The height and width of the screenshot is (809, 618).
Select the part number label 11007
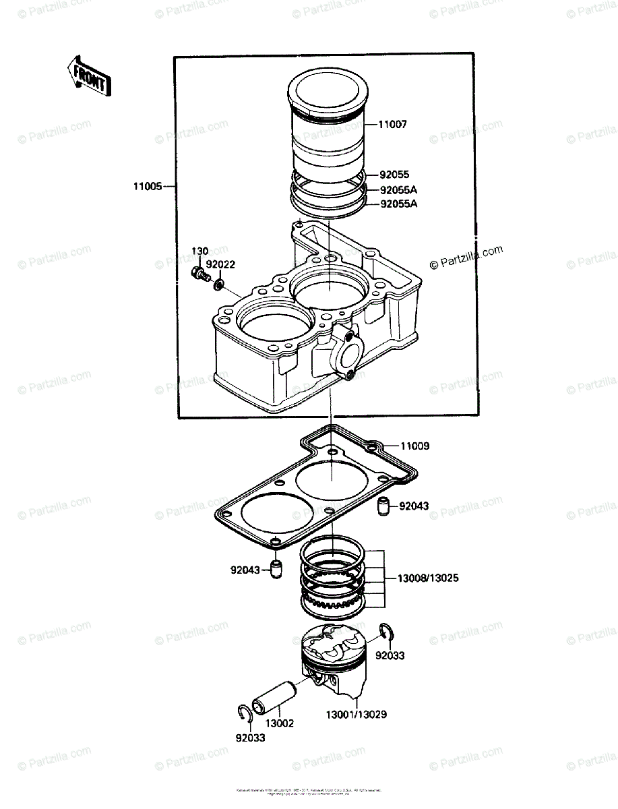click(x=392, y=125)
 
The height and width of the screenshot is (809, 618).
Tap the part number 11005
click(x=147, y=187)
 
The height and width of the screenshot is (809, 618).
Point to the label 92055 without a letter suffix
click(x=394, y=175)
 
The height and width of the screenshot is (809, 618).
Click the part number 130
click(x=199, y=251)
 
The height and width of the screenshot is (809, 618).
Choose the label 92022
click(x=220, y=265)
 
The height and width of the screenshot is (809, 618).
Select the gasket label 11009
click(x=415, y=446)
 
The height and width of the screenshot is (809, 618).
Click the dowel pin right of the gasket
click(x=383, y=505)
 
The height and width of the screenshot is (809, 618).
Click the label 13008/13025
click(x=428, y=578)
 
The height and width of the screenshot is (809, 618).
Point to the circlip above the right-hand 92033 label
click(x=387, y=632)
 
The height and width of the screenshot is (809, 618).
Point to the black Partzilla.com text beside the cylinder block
click(x=466, y=257)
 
